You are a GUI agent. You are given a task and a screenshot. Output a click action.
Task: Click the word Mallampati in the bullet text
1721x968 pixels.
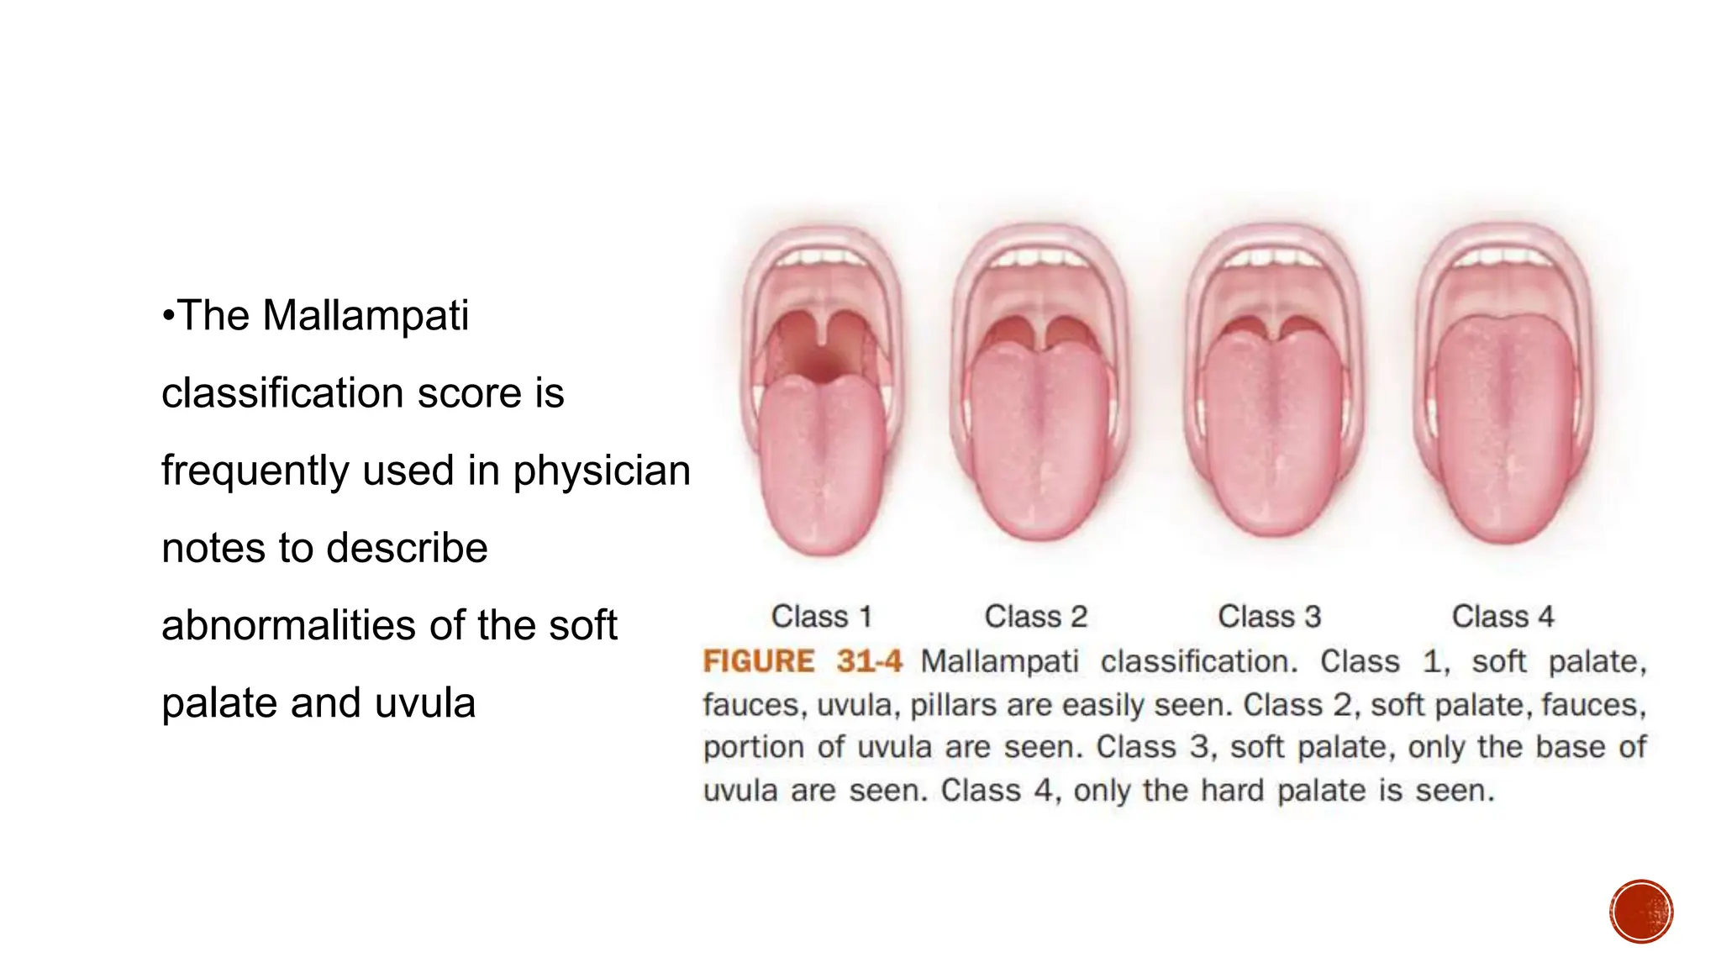365,316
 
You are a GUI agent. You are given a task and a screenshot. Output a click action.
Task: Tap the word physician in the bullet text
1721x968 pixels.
602,471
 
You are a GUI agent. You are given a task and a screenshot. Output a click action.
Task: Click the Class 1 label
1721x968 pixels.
821,617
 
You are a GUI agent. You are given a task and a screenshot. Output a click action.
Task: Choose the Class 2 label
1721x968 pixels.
1035,617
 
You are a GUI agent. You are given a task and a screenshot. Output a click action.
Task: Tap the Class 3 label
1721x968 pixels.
1269,617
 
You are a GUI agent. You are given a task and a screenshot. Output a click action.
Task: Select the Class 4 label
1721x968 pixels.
1503,617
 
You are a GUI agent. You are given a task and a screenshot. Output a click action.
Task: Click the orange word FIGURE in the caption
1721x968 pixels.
758,661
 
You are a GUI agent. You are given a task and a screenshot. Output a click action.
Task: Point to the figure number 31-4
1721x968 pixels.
869,661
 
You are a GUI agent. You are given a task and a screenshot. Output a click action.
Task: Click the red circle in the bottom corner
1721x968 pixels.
1641,912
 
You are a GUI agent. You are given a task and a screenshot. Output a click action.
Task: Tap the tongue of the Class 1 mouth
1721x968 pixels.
822,471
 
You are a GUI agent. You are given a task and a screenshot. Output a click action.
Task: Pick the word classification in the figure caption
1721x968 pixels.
1199,661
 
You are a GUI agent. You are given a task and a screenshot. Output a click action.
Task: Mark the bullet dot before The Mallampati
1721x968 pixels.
168,317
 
